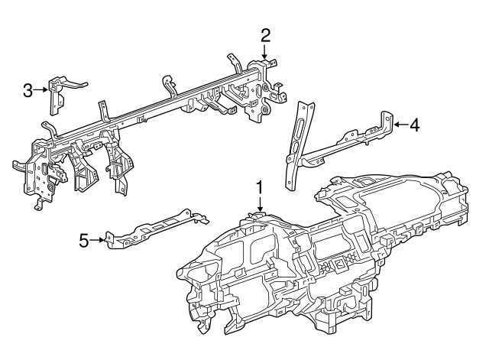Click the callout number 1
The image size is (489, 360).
(260, 187)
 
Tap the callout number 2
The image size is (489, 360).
(265, 34)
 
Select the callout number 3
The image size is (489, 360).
(28, 91)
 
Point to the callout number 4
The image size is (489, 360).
(413, 124)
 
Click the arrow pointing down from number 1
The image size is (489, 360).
(260, 205)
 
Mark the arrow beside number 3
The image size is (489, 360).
(42, 91)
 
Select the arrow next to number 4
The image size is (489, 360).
(398, 124)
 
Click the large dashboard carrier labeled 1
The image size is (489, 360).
(321, 260)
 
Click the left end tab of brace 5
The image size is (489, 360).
(112, 241)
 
